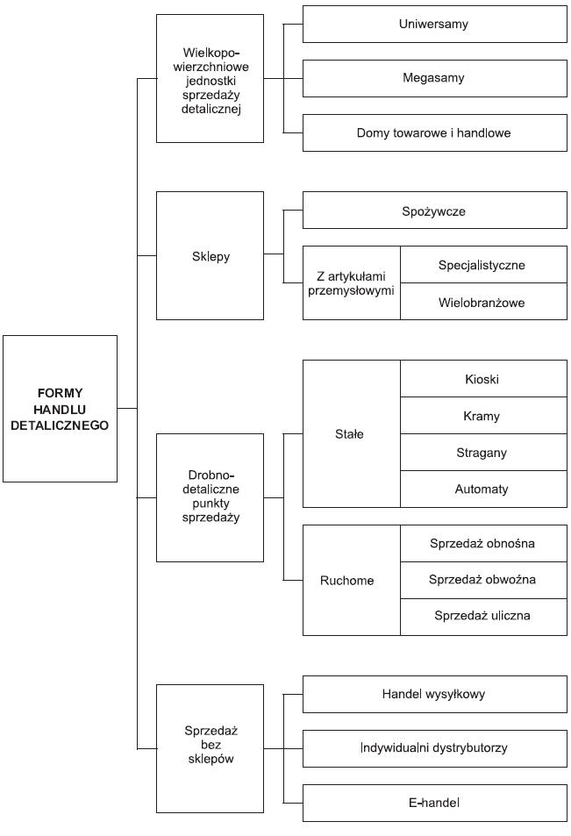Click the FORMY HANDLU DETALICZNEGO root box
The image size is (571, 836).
click(60, 409)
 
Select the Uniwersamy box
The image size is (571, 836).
click(434, 24)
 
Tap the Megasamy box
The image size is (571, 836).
click(434, 78)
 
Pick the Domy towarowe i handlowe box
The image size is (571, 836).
click(434, 132)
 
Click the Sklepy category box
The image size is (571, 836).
click(210, 256)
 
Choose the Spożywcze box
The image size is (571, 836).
click(434, 211)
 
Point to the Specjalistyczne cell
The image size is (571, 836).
click(483, 264)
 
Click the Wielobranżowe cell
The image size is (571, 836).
click(483, 302)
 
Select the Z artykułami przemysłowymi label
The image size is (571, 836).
click(351, 283)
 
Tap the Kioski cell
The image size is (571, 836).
click(483, 379)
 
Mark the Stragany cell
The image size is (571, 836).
click(483, 452)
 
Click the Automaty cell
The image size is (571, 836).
click(483, 489)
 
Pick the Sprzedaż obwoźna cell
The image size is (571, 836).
click(483, 580)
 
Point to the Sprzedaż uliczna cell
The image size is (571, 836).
click(483, 617)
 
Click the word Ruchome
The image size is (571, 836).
click(347, 581)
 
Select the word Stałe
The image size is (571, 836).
click(349, 434)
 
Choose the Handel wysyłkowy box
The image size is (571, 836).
click(434, 694)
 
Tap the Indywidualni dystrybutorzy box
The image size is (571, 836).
click(434, 748)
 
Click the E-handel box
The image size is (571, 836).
click(434, 803)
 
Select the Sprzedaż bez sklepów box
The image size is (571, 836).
click(210, 748)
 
